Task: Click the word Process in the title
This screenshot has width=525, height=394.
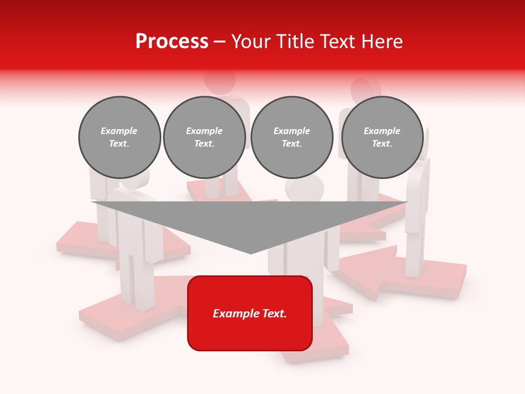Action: click(x=172, y=42)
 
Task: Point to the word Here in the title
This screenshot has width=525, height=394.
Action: click(x=381, y=42)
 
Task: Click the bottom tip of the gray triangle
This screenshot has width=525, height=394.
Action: click(x=250, y=253)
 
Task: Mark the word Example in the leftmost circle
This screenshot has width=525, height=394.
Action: click(x=119, y=131)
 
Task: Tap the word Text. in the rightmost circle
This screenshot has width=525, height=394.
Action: click(x=382, y=144)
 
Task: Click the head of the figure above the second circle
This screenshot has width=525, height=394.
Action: click(x=220, y=80)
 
